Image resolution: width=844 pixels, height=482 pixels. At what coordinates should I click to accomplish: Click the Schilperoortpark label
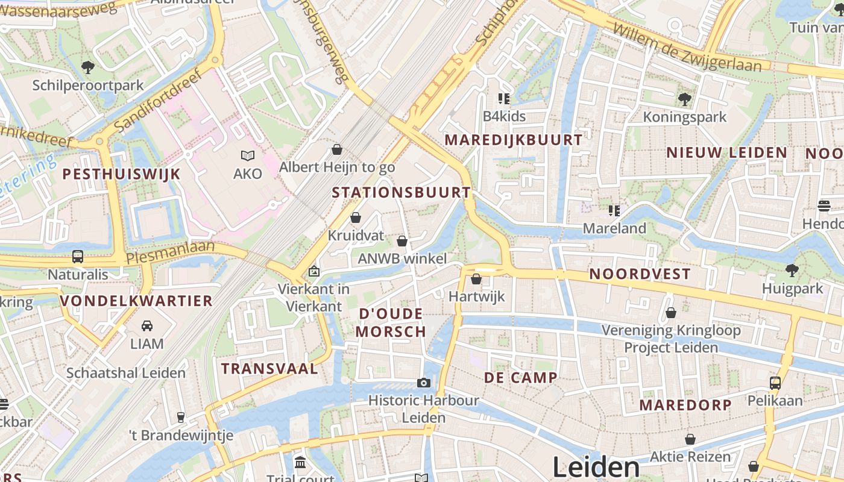[88, 85]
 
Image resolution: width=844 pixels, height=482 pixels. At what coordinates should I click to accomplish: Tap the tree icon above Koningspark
[684, 99]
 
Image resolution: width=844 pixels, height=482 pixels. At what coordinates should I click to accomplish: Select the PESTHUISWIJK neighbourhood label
[122, 174]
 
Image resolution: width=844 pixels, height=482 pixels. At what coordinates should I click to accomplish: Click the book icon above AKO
[248, 156]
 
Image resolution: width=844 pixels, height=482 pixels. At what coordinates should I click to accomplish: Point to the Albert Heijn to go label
[337, 167]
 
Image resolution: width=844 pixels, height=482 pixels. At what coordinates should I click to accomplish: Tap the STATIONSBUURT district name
[401, 193]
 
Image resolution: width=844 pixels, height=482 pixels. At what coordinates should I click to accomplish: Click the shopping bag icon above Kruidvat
[356, 218]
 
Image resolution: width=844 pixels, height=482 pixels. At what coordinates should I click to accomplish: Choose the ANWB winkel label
[402, 259]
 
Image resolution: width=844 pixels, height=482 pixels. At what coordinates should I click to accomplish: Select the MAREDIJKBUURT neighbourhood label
[514, 140]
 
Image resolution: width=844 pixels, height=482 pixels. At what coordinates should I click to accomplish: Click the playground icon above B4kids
[504, 98]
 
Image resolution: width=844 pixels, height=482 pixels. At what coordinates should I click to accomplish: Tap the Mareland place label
[614, 228]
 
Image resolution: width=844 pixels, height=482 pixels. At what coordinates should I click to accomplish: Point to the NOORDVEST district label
[640, 274]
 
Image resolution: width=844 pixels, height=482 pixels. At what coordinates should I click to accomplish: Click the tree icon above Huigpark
[792, 271]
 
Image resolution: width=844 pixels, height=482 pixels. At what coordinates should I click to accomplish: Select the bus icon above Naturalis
[78, 257]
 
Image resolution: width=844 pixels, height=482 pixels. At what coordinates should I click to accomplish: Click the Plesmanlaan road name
[170, 252]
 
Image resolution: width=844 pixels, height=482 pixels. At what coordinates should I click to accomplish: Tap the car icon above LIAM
[147, 326]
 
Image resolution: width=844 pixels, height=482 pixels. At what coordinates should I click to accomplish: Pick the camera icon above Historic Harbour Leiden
[424, 383]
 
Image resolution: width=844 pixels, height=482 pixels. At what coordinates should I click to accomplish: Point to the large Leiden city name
[596, 468]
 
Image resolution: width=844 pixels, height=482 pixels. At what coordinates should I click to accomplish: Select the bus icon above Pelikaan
[775, 383]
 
